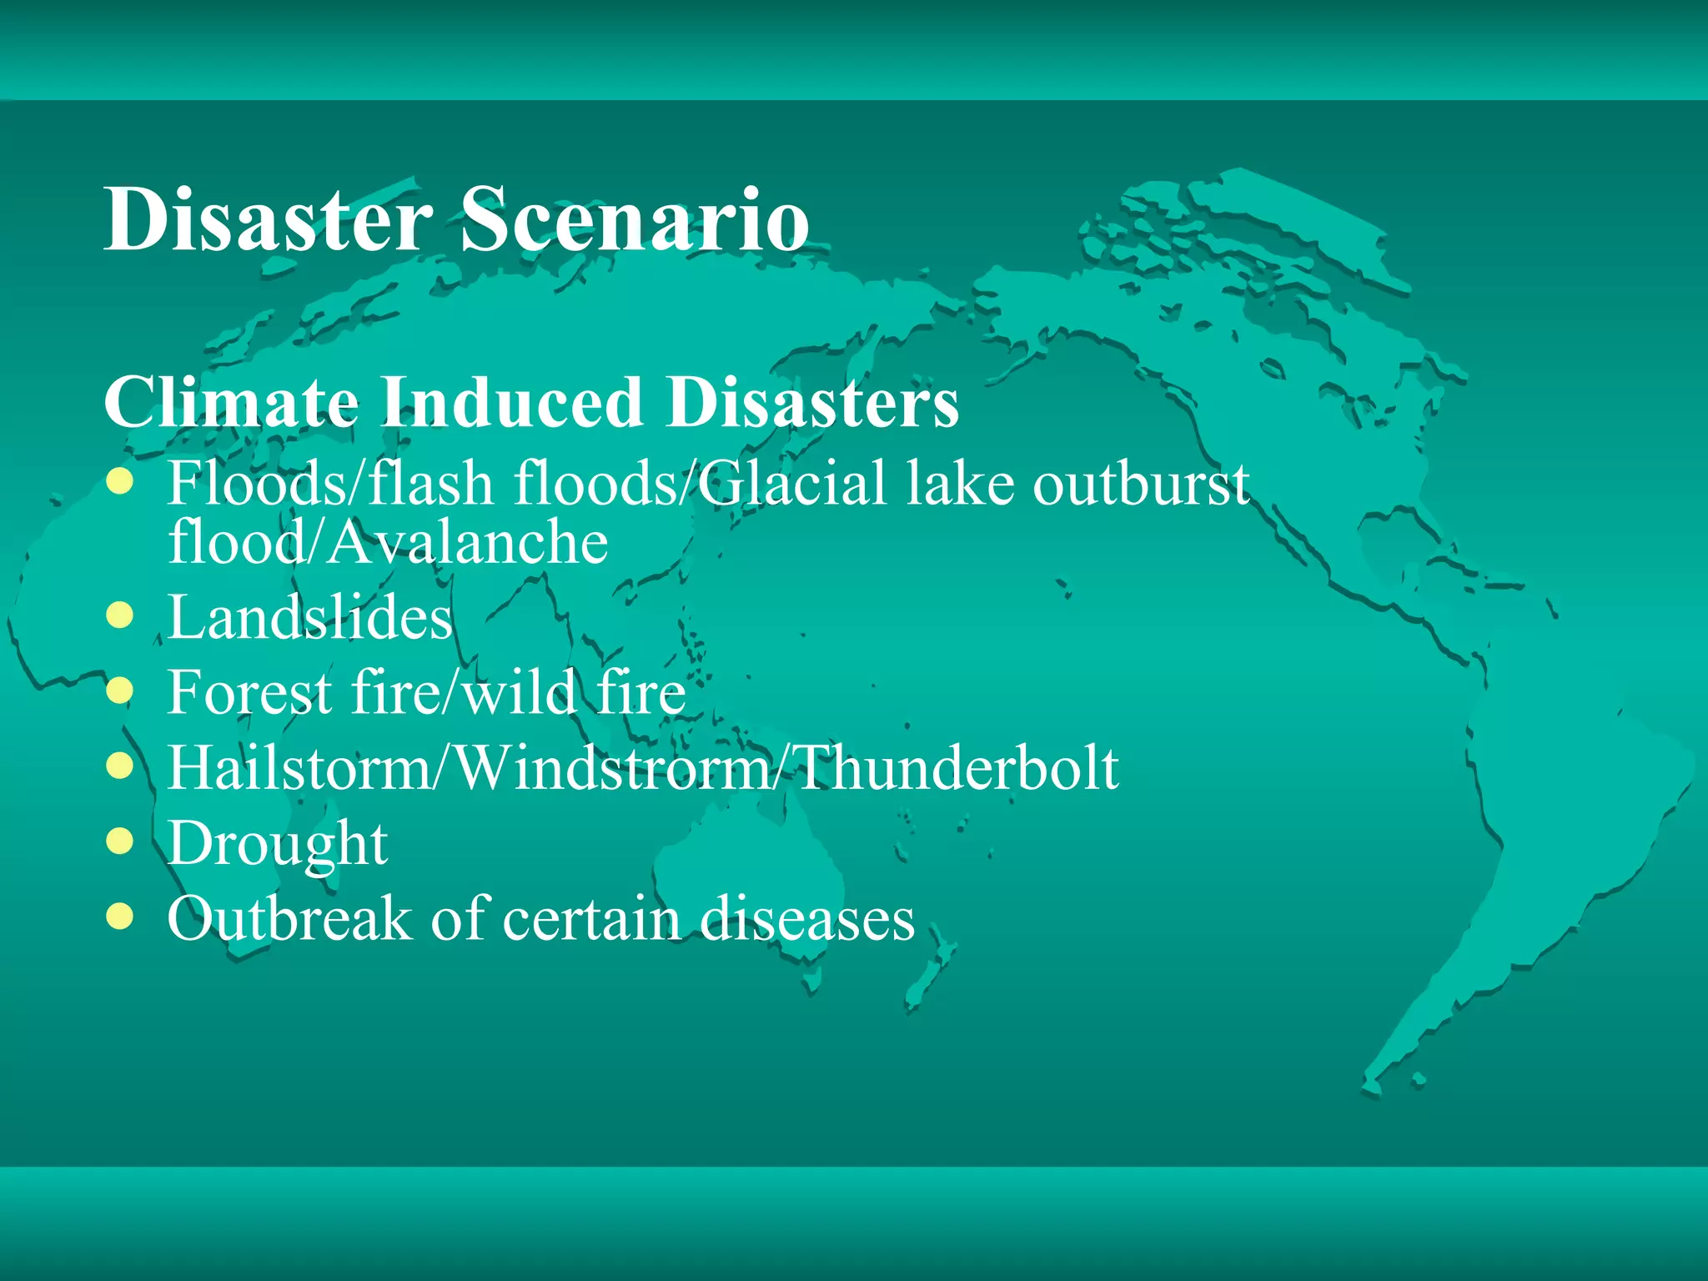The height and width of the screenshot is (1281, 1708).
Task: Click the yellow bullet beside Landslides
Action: pos(120,616)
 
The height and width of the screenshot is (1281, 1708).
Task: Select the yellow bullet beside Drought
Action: pos(120,841)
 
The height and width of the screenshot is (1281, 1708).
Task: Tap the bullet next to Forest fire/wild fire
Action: pos(120,691)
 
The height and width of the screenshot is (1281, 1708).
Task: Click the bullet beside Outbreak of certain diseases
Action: pos(120,917)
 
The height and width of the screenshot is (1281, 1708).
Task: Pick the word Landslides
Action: pos(310,618)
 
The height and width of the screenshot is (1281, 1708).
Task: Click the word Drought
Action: pos(277,844)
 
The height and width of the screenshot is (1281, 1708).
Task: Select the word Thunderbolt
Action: pos(955,768)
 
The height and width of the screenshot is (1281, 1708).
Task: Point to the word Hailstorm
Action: pos(299,768)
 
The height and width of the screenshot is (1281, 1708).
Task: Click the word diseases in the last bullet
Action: pos(806,919)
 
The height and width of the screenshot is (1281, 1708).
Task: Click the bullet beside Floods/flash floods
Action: pos(120,482)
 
